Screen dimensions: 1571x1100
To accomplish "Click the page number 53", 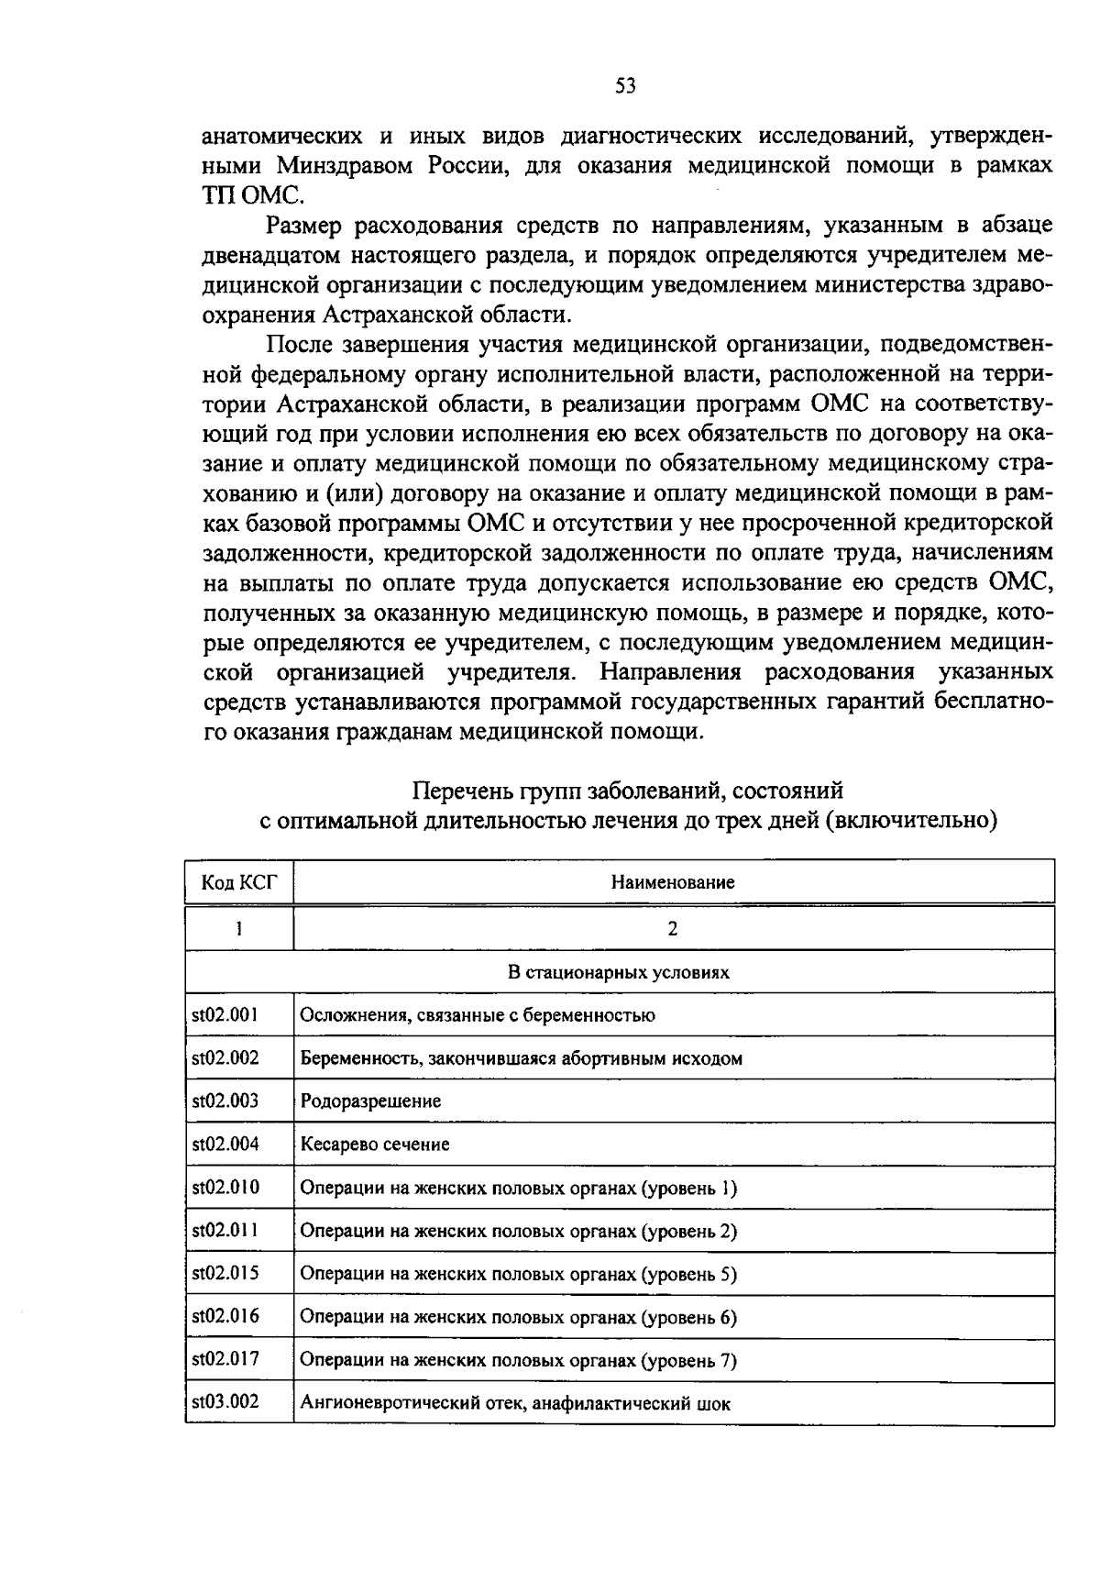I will point(625,86).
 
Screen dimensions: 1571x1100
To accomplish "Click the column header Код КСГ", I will point(238,882).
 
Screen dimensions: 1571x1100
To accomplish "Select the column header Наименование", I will point(673,882).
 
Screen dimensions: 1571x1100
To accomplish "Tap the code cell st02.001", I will point(225,1014).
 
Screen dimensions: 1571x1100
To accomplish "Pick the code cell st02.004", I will point(225,1144).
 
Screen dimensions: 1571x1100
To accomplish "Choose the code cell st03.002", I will point(225,1401).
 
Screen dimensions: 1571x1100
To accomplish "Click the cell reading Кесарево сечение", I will point(374,1145).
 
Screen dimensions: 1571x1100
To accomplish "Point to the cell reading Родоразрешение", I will point(370,1101).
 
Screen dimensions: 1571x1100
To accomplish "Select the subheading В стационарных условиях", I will point(619,971).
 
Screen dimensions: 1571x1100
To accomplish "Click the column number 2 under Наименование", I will point(673,928).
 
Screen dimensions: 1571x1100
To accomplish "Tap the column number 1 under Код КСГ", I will point(238,928).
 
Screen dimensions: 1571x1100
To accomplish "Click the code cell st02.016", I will point(225,1316).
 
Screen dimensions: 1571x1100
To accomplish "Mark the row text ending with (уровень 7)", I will point(518,1360).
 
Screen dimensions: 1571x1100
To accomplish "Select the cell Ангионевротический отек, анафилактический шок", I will point(515,1403).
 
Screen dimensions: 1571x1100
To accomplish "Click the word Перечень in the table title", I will point(452,790).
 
